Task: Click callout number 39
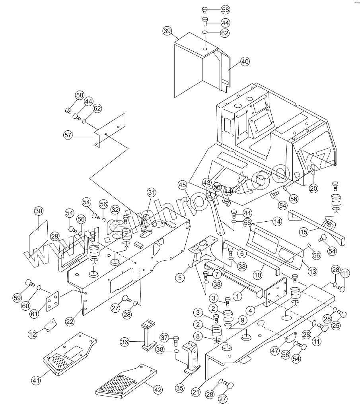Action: coord(167,31)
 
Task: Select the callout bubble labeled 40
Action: coord(245,62)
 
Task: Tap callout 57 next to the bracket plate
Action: coord(68,135)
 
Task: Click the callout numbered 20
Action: coord(313,189)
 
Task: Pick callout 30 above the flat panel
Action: coord(38,211)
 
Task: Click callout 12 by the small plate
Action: coord(33,334)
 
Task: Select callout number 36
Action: coord(125,341)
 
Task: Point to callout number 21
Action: coord(195,392)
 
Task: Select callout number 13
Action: coord(312,271)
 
